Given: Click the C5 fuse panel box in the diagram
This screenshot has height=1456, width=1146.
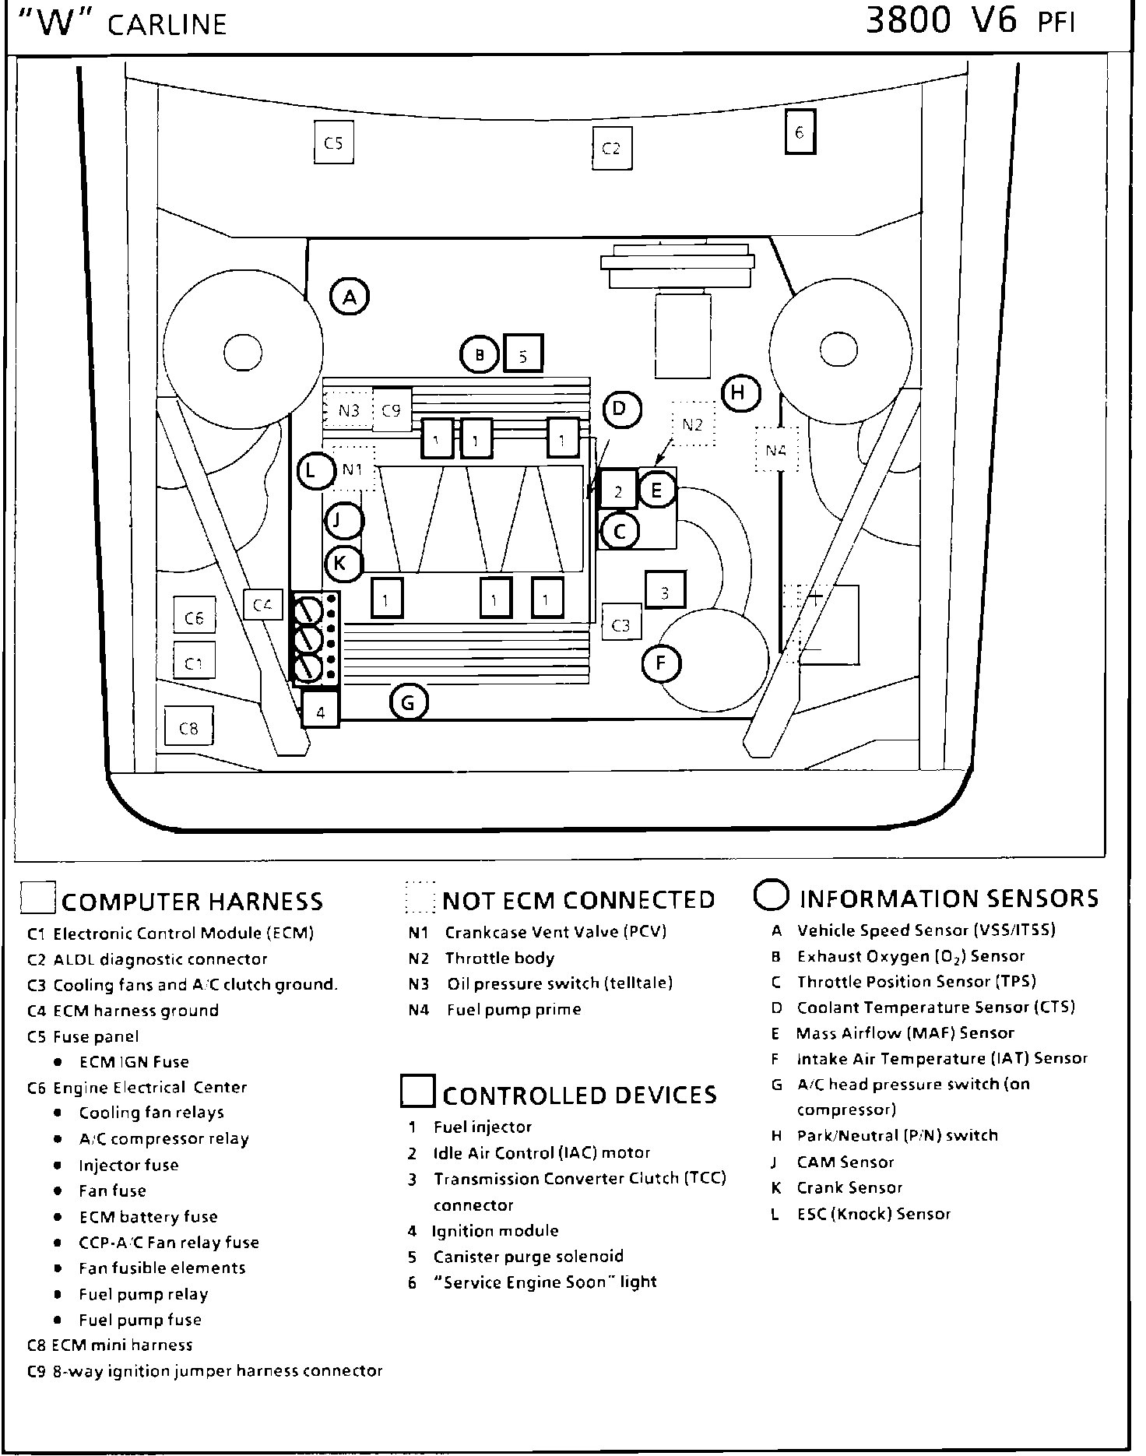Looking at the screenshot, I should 333,142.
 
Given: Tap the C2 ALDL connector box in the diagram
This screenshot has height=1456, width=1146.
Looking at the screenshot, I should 611,148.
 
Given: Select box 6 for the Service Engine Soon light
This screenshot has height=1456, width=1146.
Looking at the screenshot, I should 800,132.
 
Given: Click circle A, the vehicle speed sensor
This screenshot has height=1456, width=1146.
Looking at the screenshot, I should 350,296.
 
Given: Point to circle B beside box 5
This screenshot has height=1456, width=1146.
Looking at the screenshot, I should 480,355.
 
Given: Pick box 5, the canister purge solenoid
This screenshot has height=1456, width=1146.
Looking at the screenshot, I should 523,355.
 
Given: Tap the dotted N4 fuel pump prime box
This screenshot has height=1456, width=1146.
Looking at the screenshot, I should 776,449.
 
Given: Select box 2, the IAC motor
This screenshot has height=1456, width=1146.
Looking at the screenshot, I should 618,491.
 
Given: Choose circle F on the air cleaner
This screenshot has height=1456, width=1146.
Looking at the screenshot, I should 661,663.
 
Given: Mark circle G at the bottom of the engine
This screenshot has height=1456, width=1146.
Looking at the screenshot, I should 408,703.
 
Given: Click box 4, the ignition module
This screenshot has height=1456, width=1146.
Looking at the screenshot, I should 321,711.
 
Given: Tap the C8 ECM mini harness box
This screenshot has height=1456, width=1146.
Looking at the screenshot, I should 188,728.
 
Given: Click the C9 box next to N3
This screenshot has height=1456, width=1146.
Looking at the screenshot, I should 391,410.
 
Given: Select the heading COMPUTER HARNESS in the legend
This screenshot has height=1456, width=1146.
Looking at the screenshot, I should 192,902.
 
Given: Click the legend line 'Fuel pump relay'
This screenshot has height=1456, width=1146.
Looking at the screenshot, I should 143,1294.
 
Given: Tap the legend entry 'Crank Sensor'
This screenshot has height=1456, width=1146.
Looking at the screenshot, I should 849,1187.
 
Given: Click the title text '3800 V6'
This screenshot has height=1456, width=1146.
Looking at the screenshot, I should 941,22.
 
